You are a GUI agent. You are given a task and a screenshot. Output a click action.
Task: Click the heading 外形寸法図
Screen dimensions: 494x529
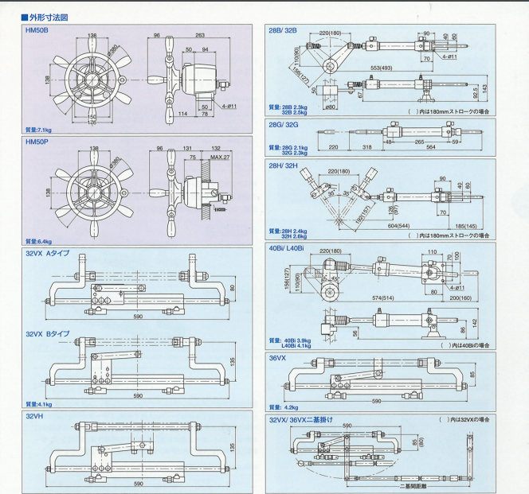tap(48, 16)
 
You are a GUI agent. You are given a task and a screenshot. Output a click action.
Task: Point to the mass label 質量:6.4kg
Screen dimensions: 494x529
tap(38, 241)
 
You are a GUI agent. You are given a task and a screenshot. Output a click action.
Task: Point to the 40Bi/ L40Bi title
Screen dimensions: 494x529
tap(288, 248)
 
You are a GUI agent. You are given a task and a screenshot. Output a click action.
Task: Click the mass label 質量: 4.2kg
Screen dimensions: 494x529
tap(284, 406)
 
